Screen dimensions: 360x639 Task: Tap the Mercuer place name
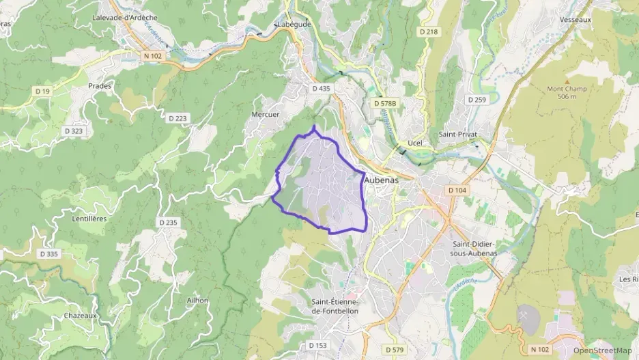pos(266,115)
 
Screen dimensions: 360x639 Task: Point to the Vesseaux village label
pos(575,20)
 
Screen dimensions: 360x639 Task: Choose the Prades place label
pos(100,86)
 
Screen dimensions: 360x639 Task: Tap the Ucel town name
pos(414,143)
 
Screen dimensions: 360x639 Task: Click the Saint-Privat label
pos(456,135)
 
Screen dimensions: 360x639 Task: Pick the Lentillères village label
pos(89,219)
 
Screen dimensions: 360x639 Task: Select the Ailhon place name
pos(197,300)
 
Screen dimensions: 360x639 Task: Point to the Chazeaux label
pos(81,316)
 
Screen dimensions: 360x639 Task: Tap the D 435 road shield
pos(321,89)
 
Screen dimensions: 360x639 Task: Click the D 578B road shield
pos(385,102)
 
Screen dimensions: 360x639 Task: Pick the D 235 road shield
pos(168,223)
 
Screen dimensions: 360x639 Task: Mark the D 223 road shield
pos(177,118)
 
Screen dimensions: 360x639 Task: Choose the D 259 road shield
pos(477,100)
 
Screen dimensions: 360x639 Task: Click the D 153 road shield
pos(317,346)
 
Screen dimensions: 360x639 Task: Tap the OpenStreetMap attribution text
pos(602,350)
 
